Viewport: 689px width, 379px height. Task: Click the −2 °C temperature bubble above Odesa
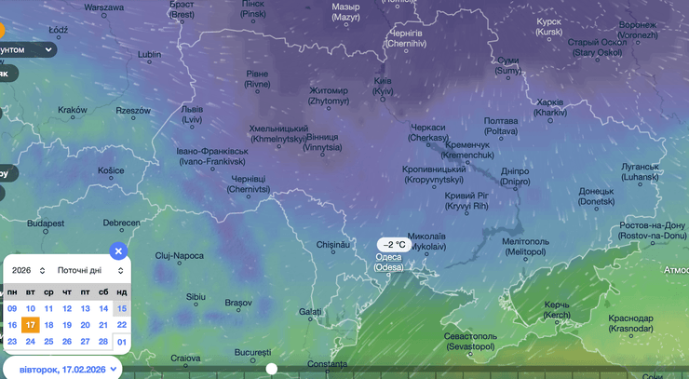click(x=394, y=245)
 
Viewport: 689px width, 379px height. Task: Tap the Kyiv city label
click(x=383, y=86)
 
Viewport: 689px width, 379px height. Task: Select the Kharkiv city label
click(x=551, y=107)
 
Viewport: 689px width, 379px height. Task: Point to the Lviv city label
click(x=192, y=115)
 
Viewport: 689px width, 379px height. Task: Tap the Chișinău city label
click(x=332, y=245)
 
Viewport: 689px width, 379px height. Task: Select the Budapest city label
click(x=45, y=223)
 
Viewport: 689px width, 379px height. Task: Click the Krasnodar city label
click(x=631, y=323)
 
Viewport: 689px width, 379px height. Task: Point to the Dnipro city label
click(x=515, y=176)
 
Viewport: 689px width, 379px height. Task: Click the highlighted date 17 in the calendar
click(x=31, y=325)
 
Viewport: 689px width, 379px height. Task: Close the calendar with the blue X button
click(x=117, y=250)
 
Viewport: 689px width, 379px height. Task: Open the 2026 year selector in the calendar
click(x=29, y=270)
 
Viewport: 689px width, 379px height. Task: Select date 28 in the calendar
click(x=103, y=342)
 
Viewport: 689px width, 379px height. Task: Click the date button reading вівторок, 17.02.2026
click(x=62, y=369)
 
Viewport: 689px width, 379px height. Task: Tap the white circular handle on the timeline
click(x=272, y=369)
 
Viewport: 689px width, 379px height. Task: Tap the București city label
click(x=252, y=353)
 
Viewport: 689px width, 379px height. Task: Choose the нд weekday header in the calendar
click(x=121, y=292)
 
